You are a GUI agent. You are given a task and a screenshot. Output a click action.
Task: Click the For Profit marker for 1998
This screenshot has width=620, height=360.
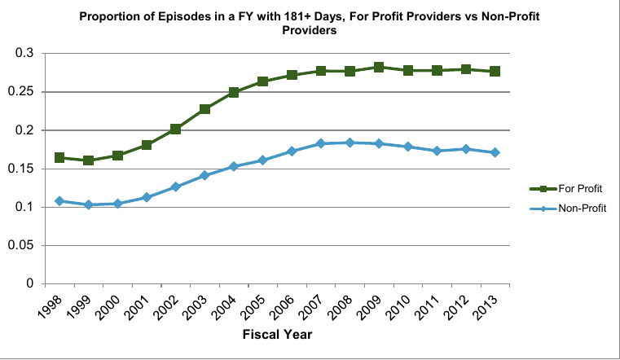pos(59,157)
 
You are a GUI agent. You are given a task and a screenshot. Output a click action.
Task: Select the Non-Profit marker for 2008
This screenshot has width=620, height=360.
pos(350,143)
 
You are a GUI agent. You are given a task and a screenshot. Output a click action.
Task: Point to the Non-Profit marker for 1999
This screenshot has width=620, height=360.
pos(88,204)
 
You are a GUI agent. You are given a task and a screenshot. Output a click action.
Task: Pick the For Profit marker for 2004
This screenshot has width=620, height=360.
pos(234,93)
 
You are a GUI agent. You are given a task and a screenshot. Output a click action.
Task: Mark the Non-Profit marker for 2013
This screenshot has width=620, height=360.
pos(495,152)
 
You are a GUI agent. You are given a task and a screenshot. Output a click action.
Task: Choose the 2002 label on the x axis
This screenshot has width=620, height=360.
pos(165,306)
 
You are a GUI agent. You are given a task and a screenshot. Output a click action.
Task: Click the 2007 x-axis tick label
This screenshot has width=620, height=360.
pos(310,306)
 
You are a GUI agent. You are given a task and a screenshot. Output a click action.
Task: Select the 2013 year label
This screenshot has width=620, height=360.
pos(485,306)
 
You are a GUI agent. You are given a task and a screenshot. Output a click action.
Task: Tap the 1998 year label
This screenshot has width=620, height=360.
pos(49,306)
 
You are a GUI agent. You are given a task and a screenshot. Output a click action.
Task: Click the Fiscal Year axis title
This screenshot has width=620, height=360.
pos(278,333)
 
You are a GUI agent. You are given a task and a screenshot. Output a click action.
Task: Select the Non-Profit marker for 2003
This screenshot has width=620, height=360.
pos(204,175)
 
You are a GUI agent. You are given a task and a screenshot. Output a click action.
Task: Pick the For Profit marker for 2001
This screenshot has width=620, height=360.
pos(147,145)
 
